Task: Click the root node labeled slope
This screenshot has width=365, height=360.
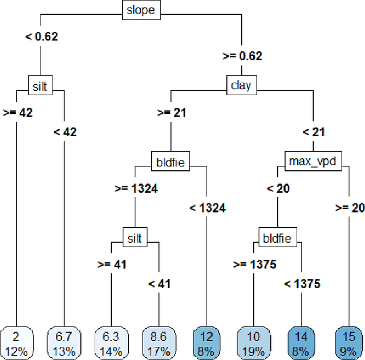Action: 141,10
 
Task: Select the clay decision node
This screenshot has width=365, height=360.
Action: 241,86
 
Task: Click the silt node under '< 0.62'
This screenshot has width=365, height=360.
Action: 40,86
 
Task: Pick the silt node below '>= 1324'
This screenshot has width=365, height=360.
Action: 135,238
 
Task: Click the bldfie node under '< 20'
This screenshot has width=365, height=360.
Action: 277,238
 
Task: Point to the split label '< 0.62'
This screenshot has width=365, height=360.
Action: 41,37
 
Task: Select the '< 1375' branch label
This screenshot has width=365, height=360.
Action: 302,284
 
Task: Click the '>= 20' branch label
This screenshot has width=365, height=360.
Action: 349,208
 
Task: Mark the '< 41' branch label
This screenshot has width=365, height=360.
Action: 159,284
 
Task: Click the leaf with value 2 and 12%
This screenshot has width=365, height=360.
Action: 17,341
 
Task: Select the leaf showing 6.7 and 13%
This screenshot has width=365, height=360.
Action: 64,341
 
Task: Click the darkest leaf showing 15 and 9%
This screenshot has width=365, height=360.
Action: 348,341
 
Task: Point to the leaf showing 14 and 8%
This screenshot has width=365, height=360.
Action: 301,341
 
